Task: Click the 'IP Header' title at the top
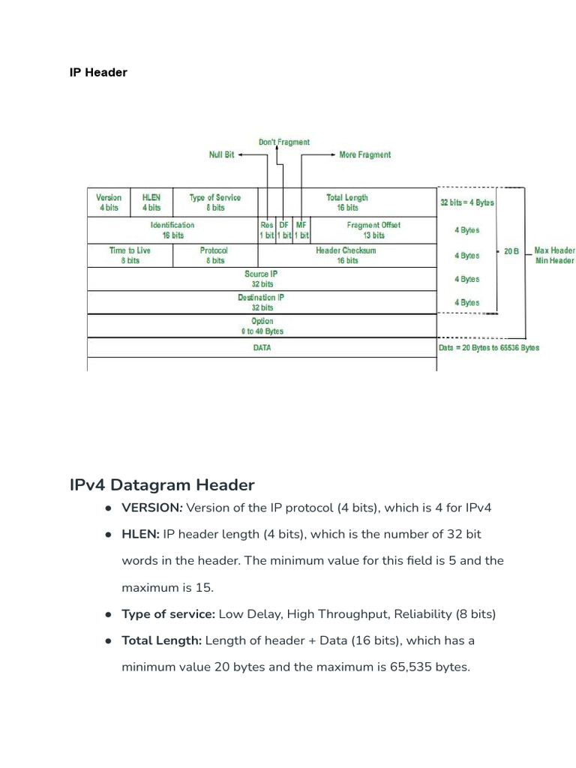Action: coord(98,73)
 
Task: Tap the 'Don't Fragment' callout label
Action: coord(283,142)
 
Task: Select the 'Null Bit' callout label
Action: coord(221,154)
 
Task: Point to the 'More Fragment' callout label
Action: coord(364,154)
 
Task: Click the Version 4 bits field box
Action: coord(109,202)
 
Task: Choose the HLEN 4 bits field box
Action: coord(151,202)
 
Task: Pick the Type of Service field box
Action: coord(215,202)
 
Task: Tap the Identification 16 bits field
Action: coord(172,229)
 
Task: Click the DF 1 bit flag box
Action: coord(283,229)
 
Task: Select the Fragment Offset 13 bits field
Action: coord(373,229)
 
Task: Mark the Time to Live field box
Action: coord(130,255)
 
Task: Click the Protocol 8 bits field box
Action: coord(214,255)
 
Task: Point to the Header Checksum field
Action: coord(346,255)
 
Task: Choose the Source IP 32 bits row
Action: coord(262,279)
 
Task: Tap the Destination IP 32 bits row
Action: coord(262,302)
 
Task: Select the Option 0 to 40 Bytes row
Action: coord(262,325)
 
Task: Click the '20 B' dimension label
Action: coord(511,251)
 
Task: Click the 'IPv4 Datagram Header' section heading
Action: coord(162,484)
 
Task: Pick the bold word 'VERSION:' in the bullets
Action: coord(152,508)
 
